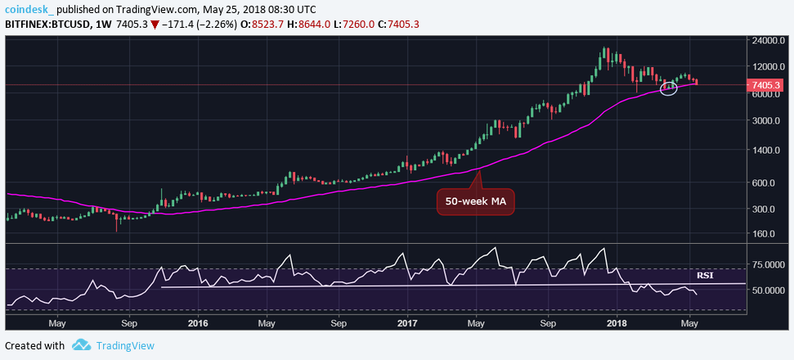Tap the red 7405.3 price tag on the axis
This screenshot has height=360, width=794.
766,85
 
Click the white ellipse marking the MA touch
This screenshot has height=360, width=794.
668,88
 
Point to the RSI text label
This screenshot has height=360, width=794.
705,275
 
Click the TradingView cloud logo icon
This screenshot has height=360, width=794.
81,345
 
